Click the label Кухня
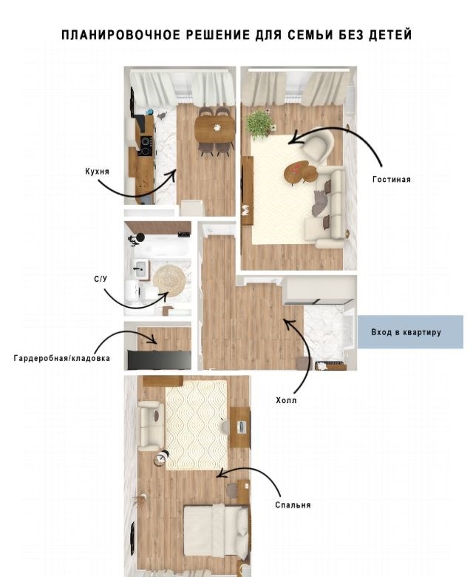click(97, 172)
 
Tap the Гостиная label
click(392, 180)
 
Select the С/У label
click(101, 280)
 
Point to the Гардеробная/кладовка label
click(62, 358)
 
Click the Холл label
click(286, 400)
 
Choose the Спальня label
click(293, 505)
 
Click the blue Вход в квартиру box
click(410, 332)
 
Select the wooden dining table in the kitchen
click(214, 129)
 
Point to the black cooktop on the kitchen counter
click(146, 146)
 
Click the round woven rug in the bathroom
click(169, 280)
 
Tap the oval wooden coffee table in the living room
click(300, 172)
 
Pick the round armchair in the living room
click(318, 145)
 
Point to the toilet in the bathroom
click(135, 291)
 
